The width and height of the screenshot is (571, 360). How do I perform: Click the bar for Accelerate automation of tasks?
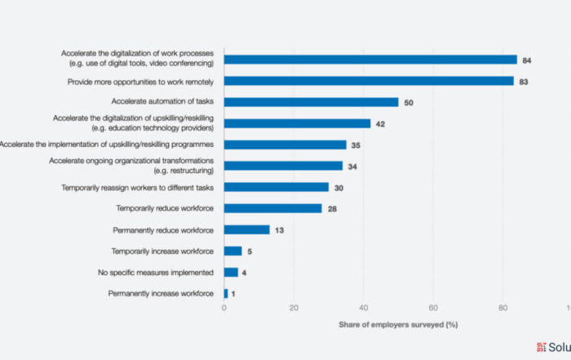coord(311,102)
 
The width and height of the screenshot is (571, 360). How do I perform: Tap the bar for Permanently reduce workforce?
coord(246,229)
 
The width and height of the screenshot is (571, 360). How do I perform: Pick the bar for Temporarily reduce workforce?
coord(272,208)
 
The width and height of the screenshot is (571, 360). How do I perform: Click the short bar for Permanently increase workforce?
coord(226,293)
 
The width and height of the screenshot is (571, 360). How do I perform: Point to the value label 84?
coord(526,60)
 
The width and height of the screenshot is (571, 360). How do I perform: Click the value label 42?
coord(379,123)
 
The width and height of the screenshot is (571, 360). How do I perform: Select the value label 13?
coord(279,230)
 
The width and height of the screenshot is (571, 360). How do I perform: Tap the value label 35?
coord(356,144)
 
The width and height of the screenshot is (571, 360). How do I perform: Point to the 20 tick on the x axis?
coord(294,309)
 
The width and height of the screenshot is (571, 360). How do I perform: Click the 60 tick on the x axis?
coord(433,309)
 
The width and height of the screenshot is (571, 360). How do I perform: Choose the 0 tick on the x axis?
coord(224,309)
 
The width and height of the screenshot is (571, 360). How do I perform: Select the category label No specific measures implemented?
coord(161,272)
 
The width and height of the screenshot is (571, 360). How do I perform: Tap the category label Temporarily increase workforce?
coord(162,251)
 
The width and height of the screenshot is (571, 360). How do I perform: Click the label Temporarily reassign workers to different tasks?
coord(138,187)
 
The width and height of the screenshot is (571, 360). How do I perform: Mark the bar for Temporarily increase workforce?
coord(232,251)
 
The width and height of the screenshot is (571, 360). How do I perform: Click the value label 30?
coord(338,187)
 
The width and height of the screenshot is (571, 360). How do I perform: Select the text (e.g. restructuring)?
coord(184,171)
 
